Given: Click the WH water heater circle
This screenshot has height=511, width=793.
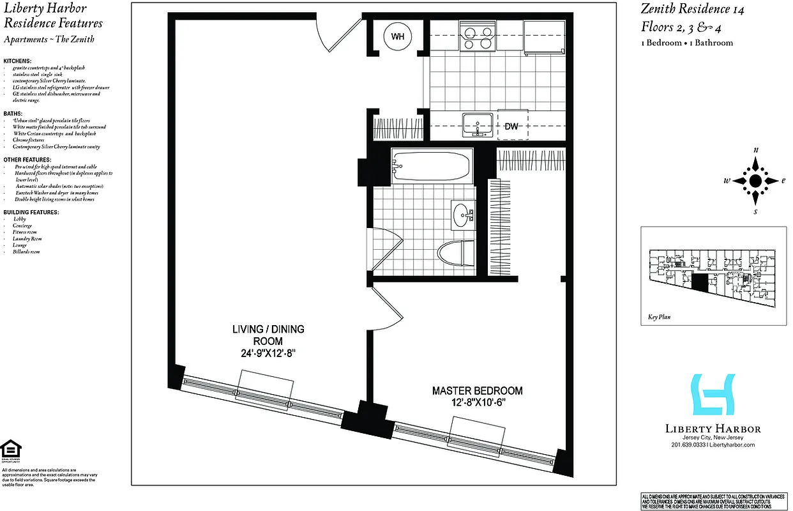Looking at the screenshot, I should pyautogui.click(x=398, y=36).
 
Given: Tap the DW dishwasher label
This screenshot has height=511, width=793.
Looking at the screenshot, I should pyautogui.click(x=511, y=126).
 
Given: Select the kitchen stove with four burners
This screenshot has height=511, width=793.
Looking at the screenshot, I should pyautogui.click(x=477, y=35).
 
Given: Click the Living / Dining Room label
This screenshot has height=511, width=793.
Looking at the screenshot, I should pyautogui.click(x=268, y=335).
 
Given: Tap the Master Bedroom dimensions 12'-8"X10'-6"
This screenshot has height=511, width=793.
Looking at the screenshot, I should pyautogui.click(x=477, y=402).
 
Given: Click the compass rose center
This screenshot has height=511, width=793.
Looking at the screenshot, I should pyautogui.click(x=755, y=181).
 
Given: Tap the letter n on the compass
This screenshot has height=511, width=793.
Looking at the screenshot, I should pyautogui.click(x=756, y=149).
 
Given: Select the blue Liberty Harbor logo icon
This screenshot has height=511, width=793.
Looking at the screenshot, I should pyautogui.click(x=713, y=395).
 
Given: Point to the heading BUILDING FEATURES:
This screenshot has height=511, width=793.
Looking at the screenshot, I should pyautogui.click(x=31, y=212).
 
